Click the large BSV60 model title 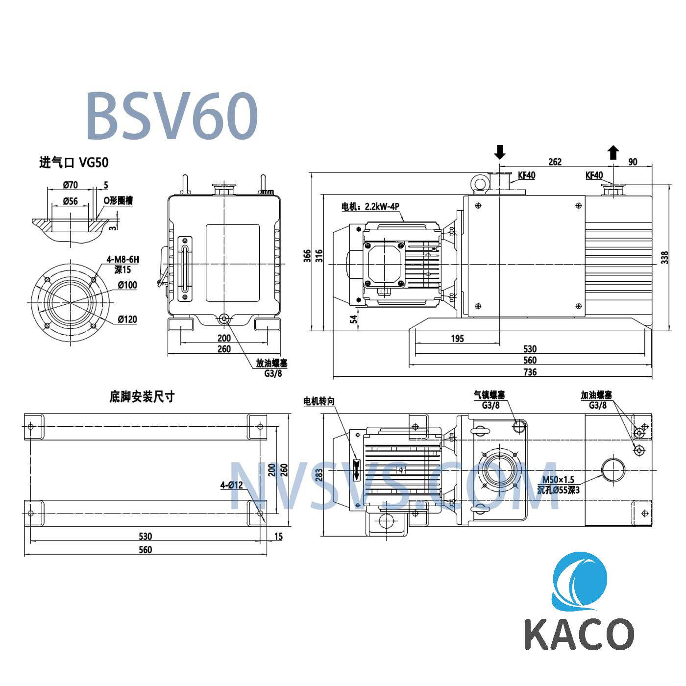171,116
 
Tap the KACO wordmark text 579,634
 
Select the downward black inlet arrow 499,152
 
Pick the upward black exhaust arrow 613,152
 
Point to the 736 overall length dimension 530,372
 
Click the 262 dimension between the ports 555,162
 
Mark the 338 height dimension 664,258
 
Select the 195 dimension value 457,338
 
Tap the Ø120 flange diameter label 127,319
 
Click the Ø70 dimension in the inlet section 70,185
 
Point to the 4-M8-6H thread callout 122,259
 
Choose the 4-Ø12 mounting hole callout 231,485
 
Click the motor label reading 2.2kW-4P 370,206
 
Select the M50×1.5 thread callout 558,480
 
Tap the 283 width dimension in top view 319,475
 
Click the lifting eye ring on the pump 479,183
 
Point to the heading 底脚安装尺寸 142,396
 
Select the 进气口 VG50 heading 73,162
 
